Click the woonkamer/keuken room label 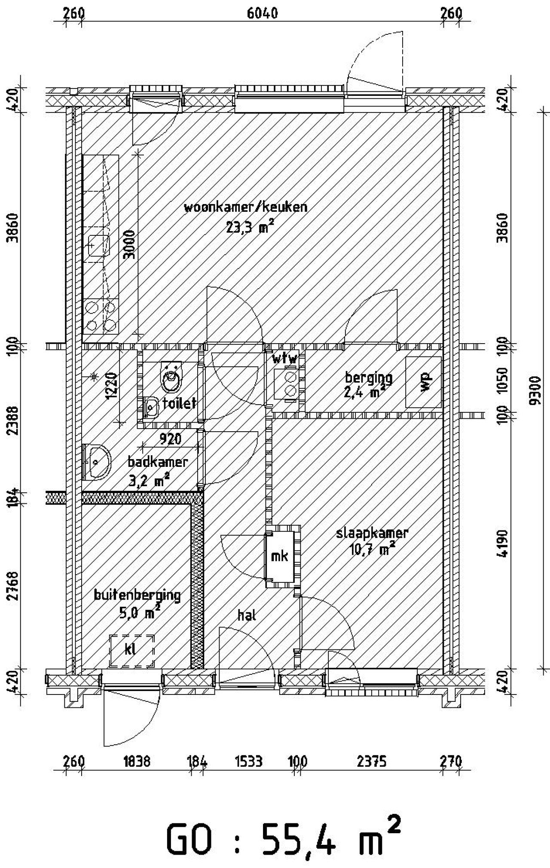tap(245, 207)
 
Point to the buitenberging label tap(137, 595)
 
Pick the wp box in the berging tap(424, 382)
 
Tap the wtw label tap(284, 359)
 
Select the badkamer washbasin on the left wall tap(98, 462)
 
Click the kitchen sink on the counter tap(98, 245)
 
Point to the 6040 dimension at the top tap(263, 13)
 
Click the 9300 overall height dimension tap(535, 390)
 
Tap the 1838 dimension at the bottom tap(137, 761)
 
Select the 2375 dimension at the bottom tap(372, 761)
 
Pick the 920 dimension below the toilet tap(170, 439)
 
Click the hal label tap(247, 615)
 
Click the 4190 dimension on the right tap(503, 543)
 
